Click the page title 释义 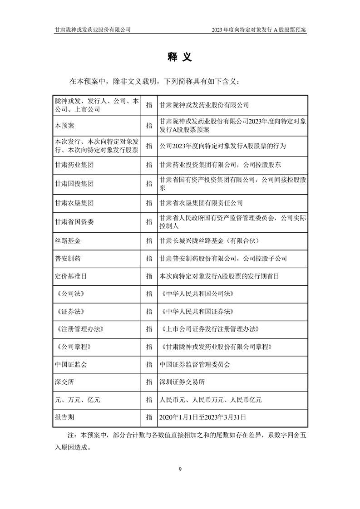(x=180, y=57)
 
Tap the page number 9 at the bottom (x=180, y=469)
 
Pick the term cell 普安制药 (x=68, y=258)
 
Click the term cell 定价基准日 (x=71, y=276)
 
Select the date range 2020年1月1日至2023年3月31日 (x=203, y=416)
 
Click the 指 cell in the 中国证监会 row (x=149, y=364)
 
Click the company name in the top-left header (x=93, y=29)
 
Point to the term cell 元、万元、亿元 (x=77, y=400)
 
